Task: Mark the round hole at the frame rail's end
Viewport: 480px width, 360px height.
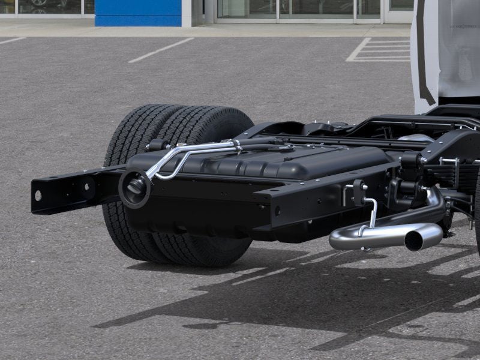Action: pos(38,196)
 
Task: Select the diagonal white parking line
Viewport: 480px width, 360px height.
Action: pos(161,50)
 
